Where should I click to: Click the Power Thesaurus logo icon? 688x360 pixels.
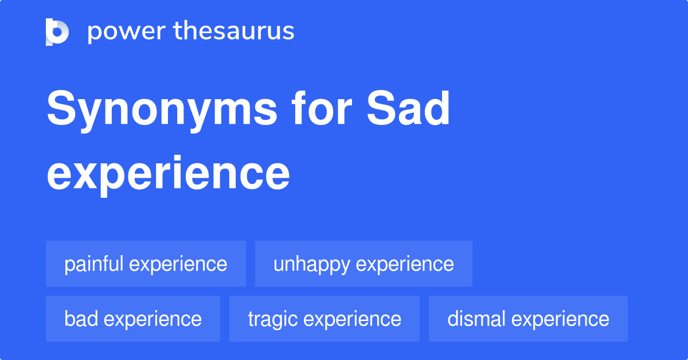pyautogui.click(x=57, y=32)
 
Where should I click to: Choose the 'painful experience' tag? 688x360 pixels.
pyautogui.click(x=146, y=264)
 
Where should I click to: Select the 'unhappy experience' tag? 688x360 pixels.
pyautogui.click(x=363, y=264)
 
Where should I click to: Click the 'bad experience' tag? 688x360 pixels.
pyautogui.click(x=133, y=319)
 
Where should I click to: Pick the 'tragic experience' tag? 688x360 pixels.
pyautogui.click(x=325, y=319)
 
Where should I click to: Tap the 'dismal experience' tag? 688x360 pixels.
pyautogui.click(x=528, y=319)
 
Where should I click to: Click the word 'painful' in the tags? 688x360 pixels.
pyautogui.click(x=93, y=264)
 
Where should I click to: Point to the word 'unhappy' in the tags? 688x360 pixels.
pyautogui.click(x=311, y=264)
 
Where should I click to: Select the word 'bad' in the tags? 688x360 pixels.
pyautogui.click(x=80, y=319)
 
